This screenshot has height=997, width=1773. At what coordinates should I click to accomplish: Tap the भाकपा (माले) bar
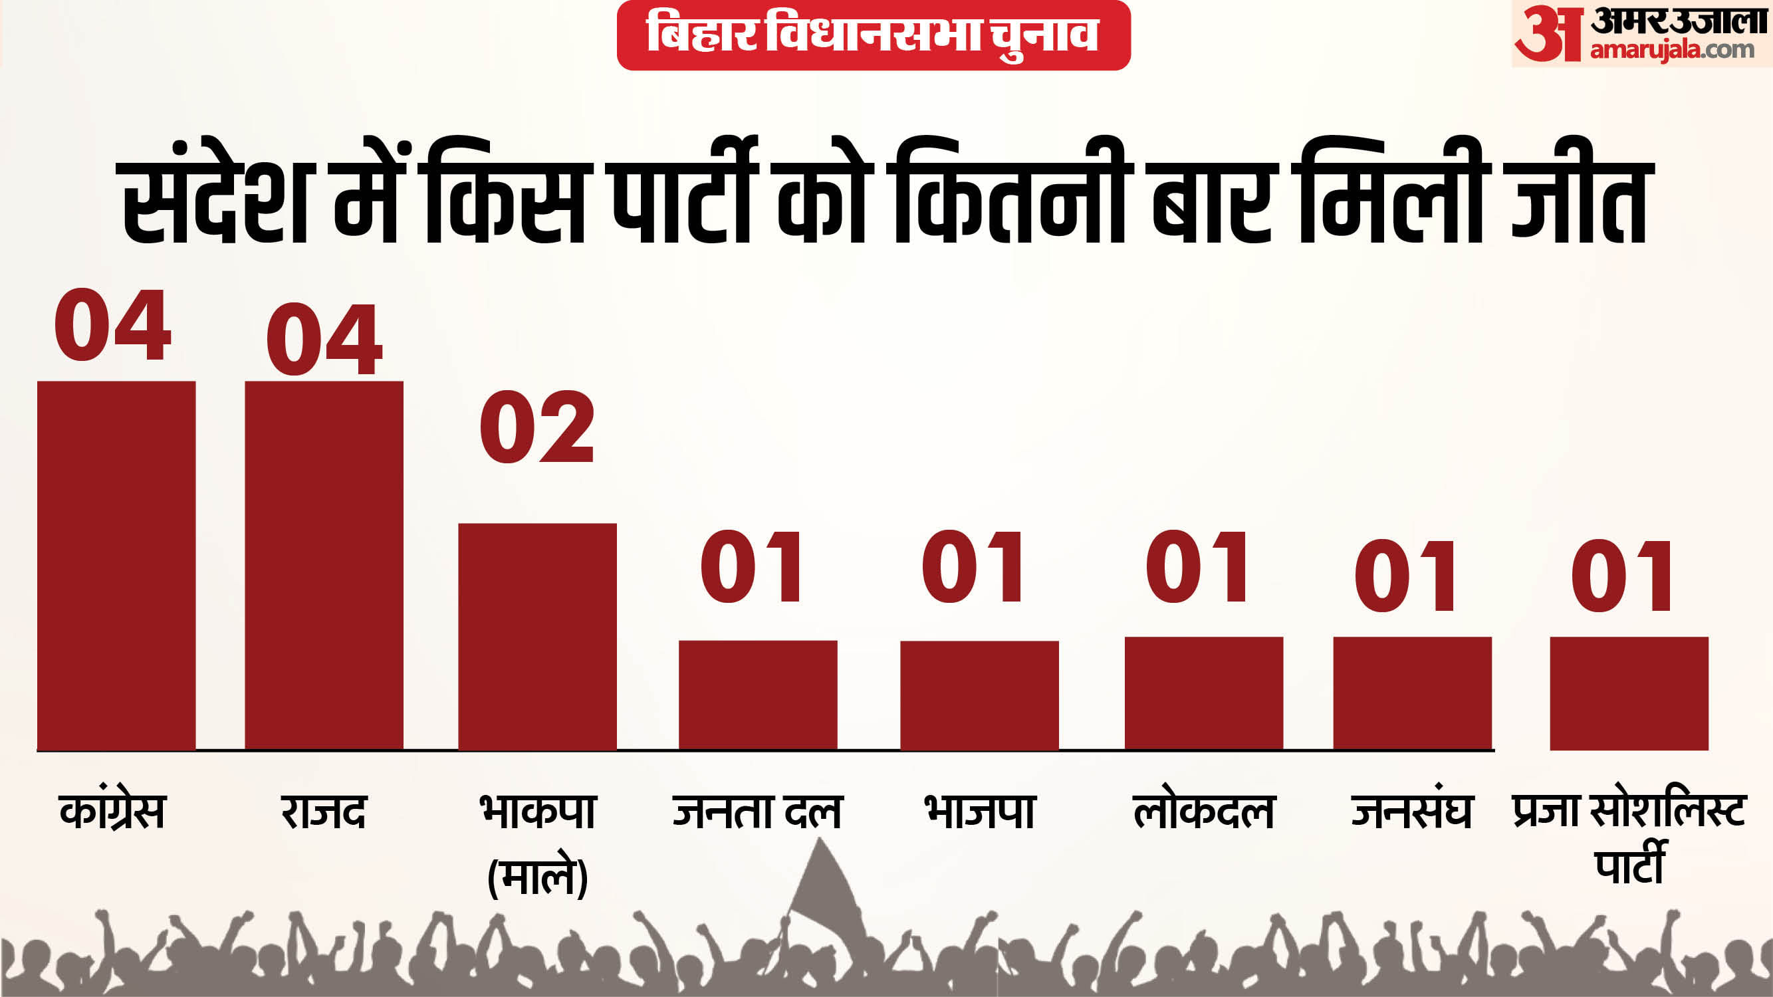(538, 637)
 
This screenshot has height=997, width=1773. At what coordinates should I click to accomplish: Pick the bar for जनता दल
(758, 695)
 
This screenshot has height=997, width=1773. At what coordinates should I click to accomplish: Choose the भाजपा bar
(979, 695)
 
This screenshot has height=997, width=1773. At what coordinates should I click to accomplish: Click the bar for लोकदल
(1204, 693)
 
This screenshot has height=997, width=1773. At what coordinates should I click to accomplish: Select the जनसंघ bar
(1412, 693)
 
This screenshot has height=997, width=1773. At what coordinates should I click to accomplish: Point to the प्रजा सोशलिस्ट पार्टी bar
(1629, 693)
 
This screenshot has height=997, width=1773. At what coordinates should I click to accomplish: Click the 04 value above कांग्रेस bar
(113, 325)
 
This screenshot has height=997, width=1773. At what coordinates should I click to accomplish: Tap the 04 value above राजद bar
(324, 340)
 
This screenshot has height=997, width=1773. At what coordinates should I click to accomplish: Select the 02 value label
(537, 427)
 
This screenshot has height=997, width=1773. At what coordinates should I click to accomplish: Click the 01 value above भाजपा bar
(973, 567)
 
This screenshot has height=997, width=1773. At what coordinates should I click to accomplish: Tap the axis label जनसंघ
(1411, 810)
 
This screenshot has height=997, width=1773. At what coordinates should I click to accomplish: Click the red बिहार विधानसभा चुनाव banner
(874, 35)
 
